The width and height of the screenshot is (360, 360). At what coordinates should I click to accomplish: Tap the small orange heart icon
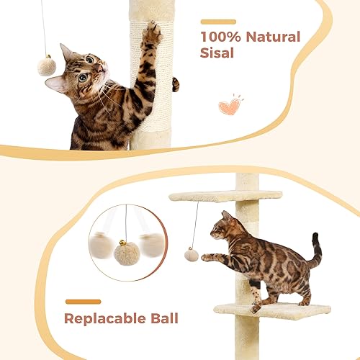pyautogui.click(x=229, y=106)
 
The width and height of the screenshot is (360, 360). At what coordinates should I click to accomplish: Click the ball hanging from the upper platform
pyautogui.click(x=192, y=254)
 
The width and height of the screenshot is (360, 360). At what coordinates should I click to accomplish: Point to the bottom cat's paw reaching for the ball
pyautogui.click(x=207, y=256)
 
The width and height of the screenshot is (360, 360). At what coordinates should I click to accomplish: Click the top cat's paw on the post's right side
pyautogui.click(x=175, y=85)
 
